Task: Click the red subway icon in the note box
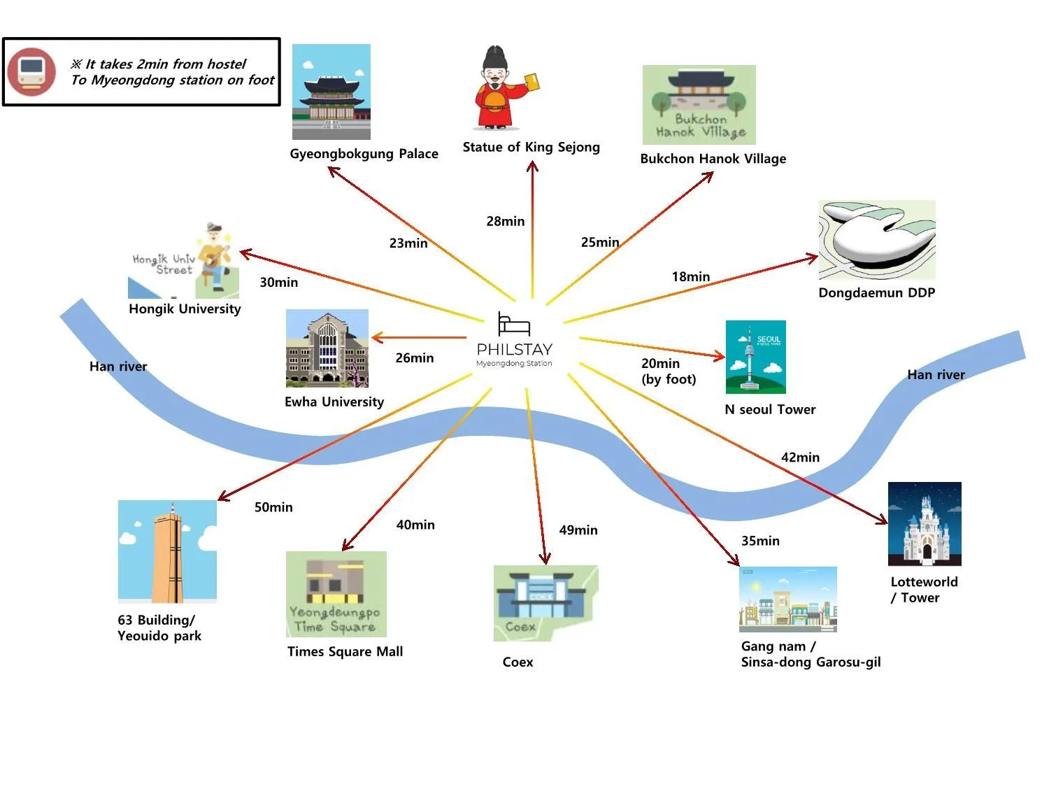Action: coord(31,71)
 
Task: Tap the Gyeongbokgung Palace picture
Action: coord(331,92)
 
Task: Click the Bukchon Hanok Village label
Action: coord(713,159)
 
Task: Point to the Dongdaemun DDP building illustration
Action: coord(876,240)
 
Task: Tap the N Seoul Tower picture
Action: coord(755,357)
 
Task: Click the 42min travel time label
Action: coord(800,458)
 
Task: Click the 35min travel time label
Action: coord(760,541)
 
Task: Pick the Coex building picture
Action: coord(545,603)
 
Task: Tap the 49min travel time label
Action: coord(578,530)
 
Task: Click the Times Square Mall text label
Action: coord(345,651)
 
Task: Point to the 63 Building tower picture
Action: coord(167,551)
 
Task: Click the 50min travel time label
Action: coord(273,507)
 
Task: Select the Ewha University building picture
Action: coord(327,348)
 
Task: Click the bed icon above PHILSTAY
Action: coord(513,324)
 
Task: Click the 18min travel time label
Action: coord(690,276)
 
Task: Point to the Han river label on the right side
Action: coord(936,375)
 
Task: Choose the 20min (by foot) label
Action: coord(669,371)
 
